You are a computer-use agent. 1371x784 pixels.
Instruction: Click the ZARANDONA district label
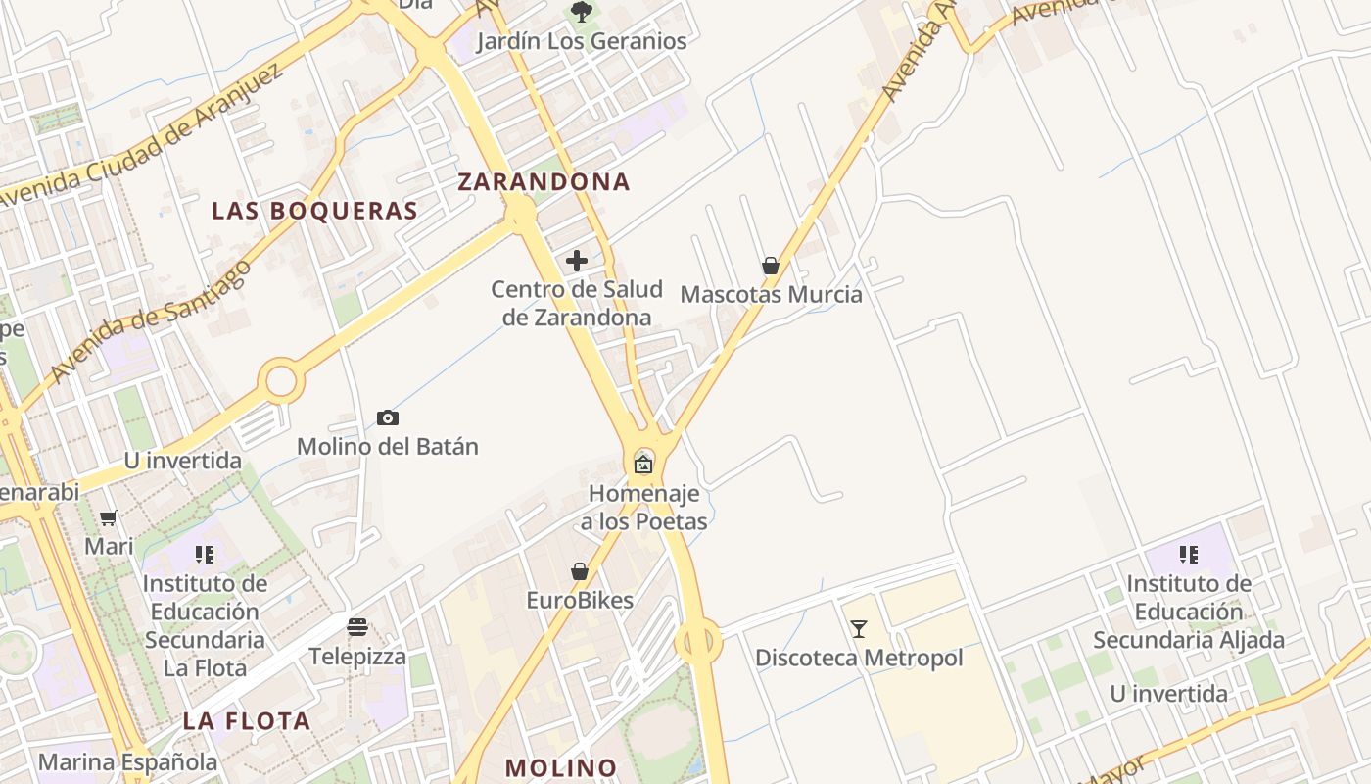544,181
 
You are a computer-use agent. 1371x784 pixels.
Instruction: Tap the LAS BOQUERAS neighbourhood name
314,211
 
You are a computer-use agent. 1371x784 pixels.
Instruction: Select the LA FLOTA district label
246,721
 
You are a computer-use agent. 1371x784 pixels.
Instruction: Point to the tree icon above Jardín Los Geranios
582,12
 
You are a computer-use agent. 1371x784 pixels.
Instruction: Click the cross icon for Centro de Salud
577,261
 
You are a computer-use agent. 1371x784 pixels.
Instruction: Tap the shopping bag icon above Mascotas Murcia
771,266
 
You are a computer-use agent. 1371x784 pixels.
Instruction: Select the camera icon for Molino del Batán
388,418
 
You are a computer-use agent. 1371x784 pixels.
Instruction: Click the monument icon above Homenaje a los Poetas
643,464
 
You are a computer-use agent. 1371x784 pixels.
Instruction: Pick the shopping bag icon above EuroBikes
580,571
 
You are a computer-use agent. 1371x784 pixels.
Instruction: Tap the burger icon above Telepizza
357,627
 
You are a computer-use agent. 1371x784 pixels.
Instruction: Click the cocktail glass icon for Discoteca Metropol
859,629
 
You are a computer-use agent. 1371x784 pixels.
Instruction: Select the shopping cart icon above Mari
109,517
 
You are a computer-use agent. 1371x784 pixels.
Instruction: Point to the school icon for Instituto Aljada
1189,555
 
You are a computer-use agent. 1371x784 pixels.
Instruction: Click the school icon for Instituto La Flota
204,555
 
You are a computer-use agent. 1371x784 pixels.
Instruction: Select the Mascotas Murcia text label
771,294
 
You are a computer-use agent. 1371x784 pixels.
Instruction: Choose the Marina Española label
127,761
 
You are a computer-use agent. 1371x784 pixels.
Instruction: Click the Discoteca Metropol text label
859,658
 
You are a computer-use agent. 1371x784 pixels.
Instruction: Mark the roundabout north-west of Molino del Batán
281,380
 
